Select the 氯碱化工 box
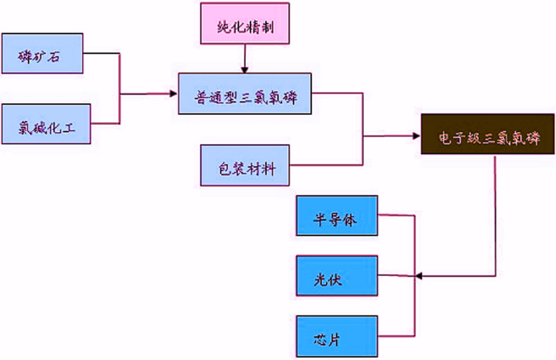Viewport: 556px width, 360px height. tap(47, 124)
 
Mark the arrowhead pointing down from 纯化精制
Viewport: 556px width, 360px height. tap(244, 68)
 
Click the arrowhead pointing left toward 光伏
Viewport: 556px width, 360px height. tap(420, 275)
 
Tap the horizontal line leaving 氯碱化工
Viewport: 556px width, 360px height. tap(105, 124)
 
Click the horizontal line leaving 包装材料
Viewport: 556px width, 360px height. tap(325, 165)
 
